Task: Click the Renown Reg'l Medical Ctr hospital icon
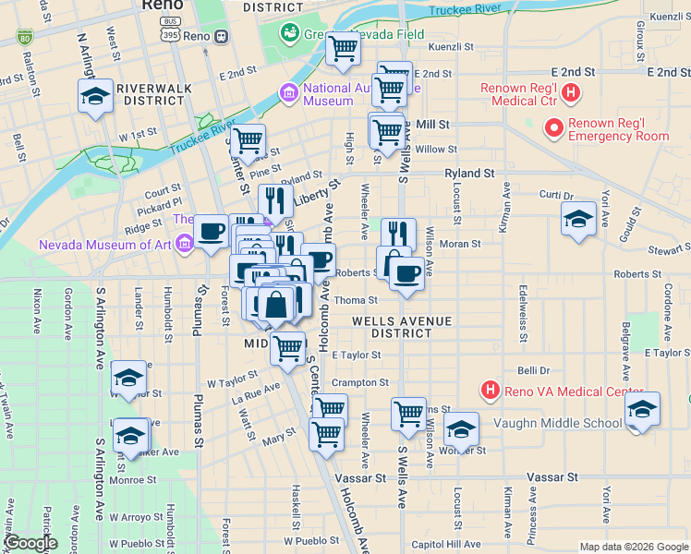pyautogui.click(x=572, y=92)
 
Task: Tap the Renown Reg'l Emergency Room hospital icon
pyautogui.click(x=553, y=127)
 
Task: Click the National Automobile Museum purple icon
pyautogui.click(x=289, y=93)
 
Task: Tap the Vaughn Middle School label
pyautogui.click(x=557, y=423)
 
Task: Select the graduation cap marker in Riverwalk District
pyautogui.click(x=95, y=97)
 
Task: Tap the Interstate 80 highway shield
pyautogui.click(x=24, y=38)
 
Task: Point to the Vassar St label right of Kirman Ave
pyautogui.click(x=552, y=477)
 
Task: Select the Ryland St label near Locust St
pyautogui.click(x=469, y=173)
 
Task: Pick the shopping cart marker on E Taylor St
pyautogui.click(x=288, y=349)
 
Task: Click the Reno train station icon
pyautogui.click(x=221, y=36)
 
